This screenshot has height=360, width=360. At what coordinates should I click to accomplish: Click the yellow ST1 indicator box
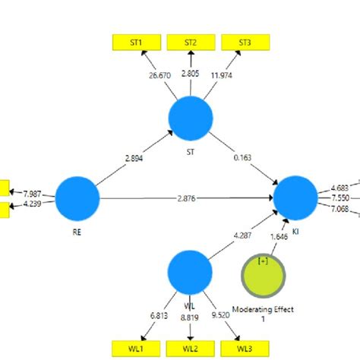[x=134, y=43]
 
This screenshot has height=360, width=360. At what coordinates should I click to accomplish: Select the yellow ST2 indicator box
[x=190, y=43]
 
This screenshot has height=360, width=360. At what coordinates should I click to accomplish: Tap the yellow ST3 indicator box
[x=245, y=43]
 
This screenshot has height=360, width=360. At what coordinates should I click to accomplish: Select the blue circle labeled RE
[x=77, y=197]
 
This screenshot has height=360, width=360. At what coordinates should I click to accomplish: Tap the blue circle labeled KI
[x=295, y=197]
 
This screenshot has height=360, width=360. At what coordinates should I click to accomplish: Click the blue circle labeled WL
[x=189, y=271]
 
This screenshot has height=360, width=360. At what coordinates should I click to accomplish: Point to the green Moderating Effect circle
[x=264, y=276]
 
